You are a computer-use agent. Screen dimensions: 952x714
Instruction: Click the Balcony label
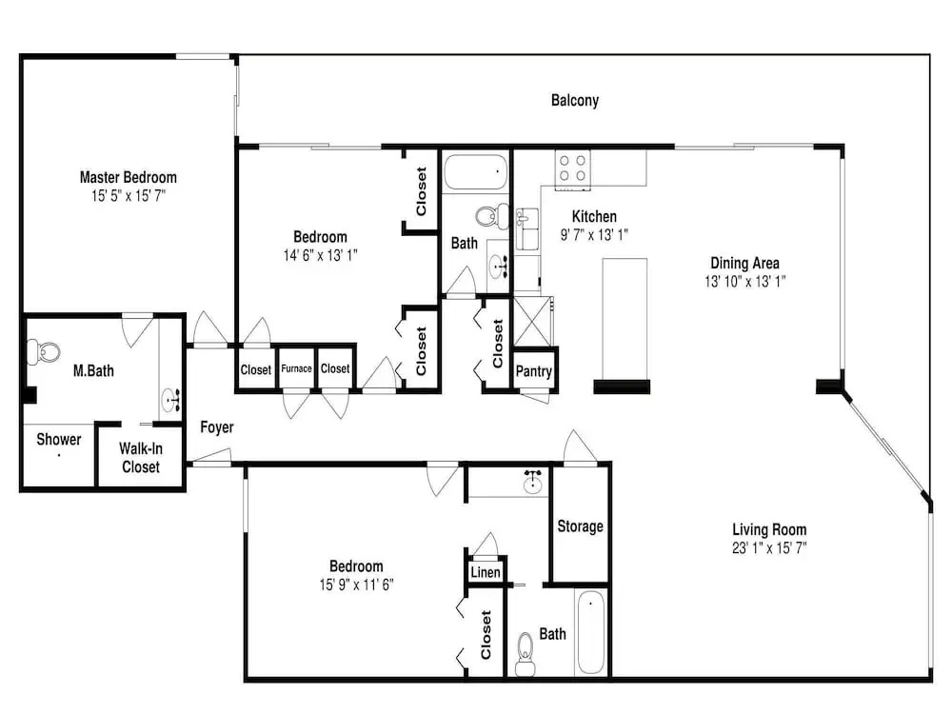click(574, 100)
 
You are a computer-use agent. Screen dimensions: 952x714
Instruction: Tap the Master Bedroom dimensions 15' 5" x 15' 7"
click(129, 195)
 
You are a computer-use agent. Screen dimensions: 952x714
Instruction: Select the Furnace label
click(296, 368)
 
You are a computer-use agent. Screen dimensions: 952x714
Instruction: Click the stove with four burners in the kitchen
click(572, 169)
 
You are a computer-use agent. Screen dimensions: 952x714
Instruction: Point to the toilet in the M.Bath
click(43, 351)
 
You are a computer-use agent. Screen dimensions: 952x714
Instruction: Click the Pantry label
click(534, 371)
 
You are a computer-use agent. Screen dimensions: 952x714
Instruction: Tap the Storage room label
click(581, 526)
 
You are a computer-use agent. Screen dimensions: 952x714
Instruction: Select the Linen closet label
click(486, 572)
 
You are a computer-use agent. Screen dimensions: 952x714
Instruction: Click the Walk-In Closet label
click(141, 458)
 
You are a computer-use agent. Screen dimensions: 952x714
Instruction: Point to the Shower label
click(59, 439)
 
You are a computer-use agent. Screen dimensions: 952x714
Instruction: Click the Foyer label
click(217, 427)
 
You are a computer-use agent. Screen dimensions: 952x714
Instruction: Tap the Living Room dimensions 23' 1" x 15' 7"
click(769, 548)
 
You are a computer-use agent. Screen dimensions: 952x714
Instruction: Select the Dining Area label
click(745, 263)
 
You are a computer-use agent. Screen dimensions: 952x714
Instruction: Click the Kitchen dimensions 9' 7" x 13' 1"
click(594, 235)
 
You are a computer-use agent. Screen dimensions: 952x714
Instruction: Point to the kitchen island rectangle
click(625, 319)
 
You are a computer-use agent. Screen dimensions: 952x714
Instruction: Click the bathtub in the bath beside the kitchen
click(475, 172)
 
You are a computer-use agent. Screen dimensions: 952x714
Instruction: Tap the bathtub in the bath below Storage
click(591, 632)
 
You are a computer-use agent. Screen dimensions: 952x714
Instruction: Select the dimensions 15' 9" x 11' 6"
click(356, 585)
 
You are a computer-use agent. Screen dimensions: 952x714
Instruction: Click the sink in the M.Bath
click(171, 402)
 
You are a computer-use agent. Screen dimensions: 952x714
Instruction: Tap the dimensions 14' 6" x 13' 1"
click(321, 255)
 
